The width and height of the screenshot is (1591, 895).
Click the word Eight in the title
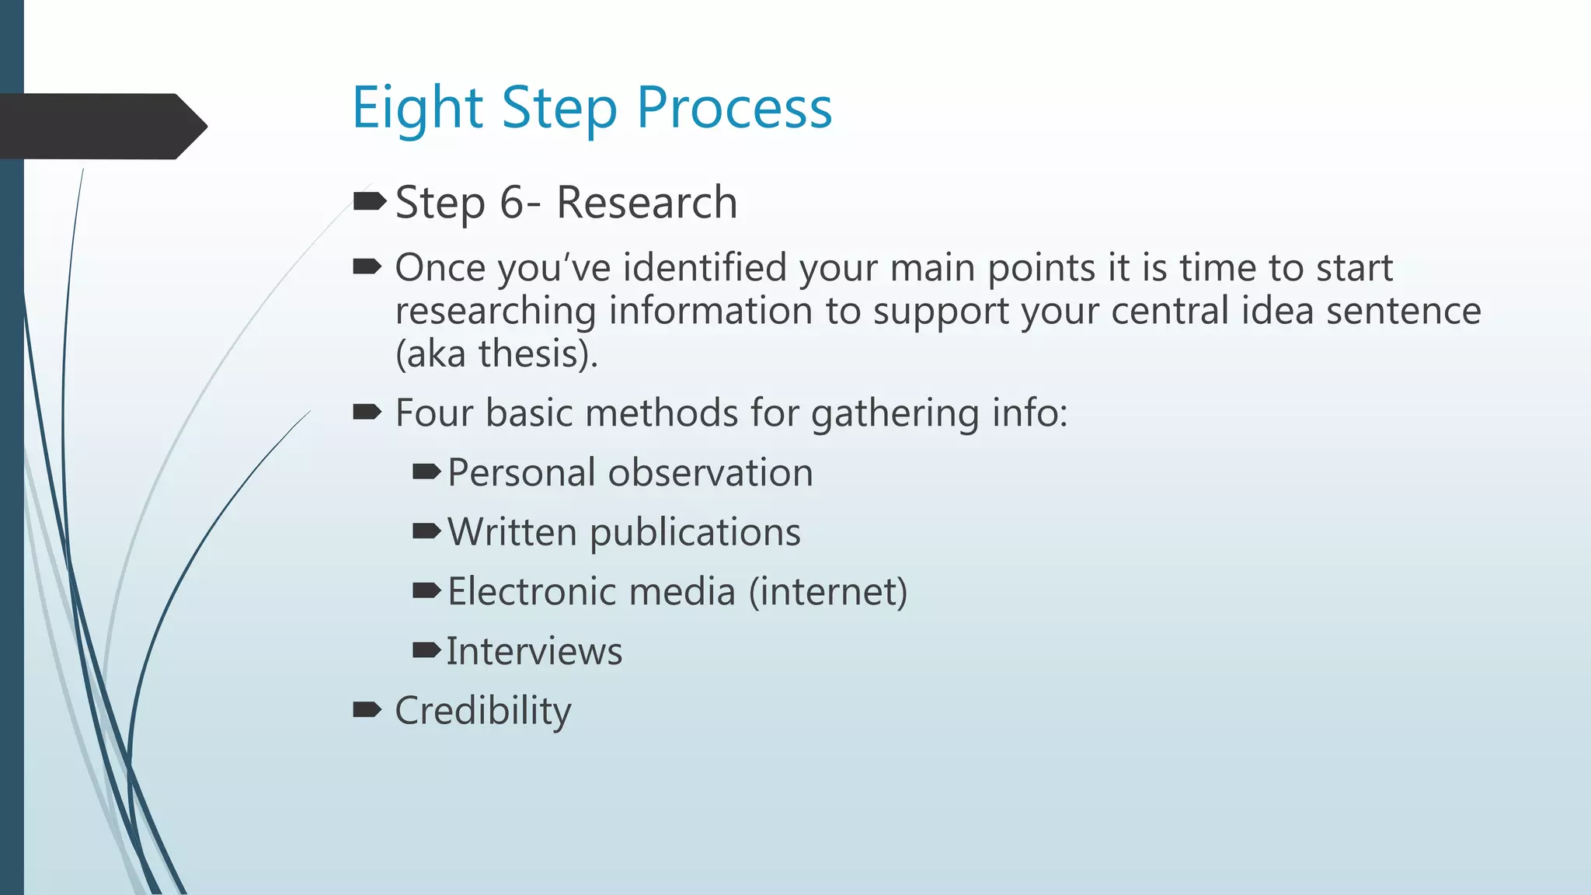[418, 108]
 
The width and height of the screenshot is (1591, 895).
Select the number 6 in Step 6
[513, 203]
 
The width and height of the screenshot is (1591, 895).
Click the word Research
[646, 203]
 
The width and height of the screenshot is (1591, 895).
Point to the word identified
[705, 268]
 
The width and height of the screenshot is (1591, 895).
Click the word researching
[496, 312]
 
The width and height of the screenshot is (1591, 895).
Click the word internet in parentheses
[828, 591]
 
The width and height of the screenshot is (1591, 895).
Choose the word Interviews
[534, 651]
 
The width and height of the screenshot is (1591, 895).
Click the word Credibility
[483, 711]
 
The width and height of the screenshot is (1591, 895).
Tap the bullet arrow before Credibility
[367, 709]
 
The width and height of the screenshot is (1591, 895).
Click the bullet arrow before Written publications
[426, 531]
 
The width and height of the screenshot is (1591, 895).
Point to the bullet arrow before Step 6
[369, 202]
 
